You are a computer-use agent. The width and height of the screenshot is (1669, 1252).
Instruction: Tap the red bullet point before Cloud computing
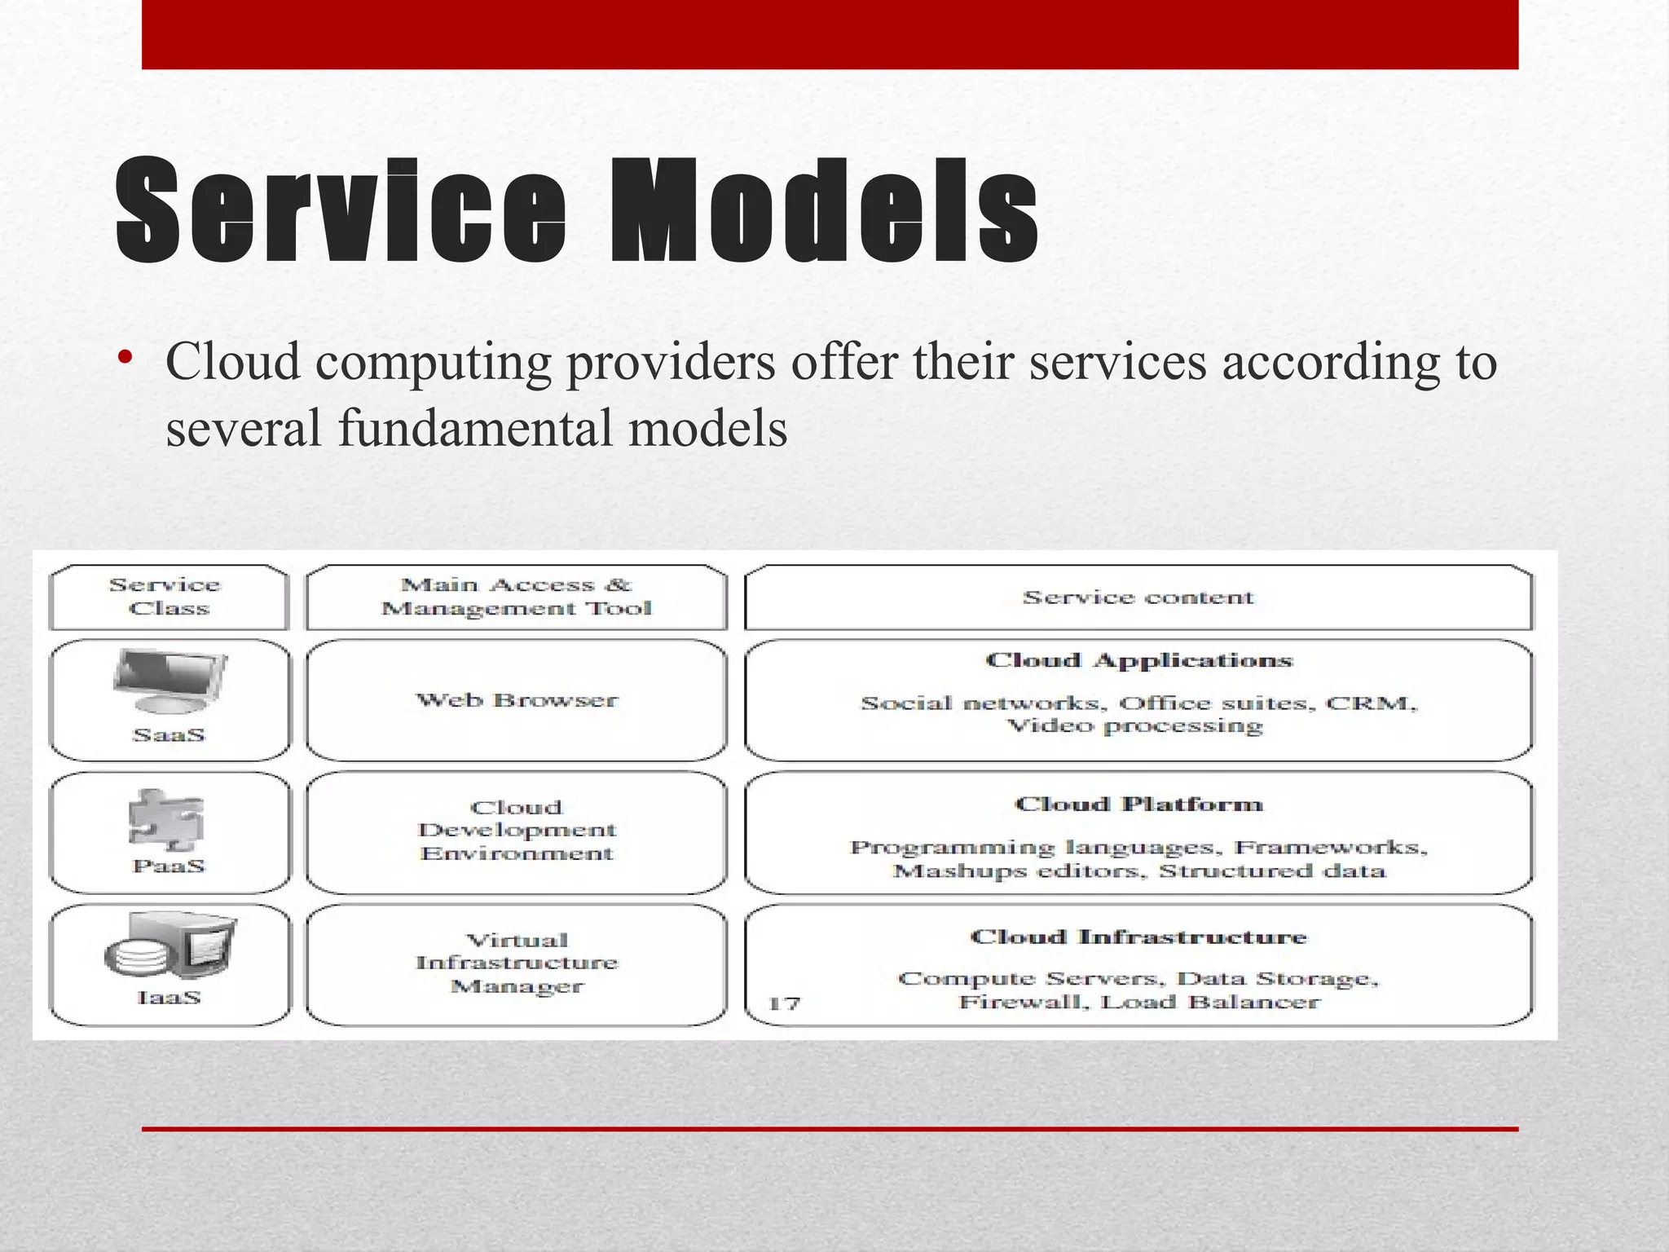[x=125, y=357]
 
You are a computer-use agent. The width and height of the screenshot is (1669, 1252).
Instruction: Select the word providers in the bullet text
[x=671, y=364]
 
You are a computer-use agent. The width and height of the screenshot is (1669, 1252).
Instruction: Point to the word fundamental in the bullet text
[x=475, y=429]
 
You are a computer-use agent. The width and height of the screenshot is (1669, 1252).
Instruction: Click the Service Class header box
[x=168, y=597]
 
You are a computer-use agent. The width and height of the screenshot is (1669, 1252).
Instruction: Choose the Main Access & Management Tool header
[x=516, y=597]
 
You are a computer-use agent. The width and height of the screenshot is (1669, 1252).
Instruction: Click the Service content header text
[x=1138, y=597]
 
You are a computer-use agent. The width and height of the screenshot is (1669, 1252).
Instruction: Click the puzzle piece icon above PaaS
[x=166, y=820]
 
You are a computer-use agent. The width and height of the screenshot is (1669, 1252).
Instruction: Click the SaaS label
[x=169, y=735]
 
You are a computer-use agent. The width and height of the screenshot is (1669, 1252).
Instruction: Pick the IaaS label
[x=169, y=998]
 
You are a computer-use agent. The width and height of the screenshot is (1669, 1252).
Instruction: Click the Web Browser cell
[x=517, y=700]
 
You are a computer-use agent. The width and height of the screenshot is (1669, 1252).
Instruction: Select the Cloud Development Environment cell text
[x=517, y=831]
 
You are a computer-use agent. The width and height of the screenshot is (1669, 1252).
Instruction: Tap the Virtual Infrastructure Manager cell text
[x=517, y=963]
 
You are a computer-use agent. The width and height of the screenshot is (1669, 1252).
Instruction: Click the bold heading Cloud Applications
[x=1138, y=660]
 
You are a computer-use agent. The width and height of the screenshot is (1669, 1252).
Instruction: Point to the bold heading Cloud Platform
[x=1138, y=805]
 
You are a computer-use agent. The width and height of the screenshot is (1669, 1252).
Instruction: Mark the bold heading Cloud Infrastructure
[x=1138, y=937]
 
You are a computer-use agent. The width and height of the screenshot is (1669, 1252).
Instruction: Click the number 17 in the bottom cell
[x=784, y=1003]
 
